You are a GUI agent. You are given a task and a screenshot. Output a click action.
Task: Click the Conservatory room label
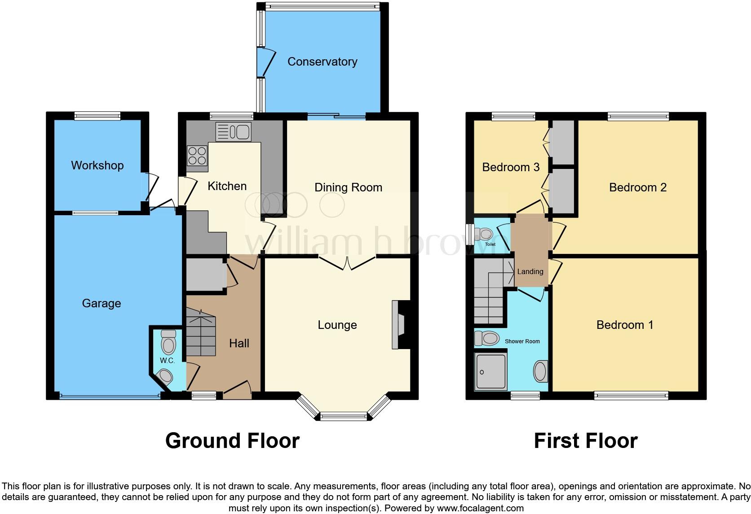tap(322, 62)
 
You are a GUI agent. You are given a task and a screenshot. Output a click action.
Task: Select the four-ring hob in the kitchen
tap(197, 156)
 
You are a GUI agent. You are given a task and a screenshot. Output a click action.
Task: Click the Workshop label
tap(97, 165)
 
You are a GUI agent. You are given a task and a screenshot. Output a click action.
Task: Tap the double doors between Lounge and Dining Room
tap(347, 263)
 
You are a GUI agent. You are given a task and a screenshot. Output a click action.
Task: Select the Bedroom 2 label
tap(637, 187)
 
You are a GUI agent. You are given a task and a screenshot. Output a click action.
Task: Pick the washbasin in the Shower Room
tap(540, 372)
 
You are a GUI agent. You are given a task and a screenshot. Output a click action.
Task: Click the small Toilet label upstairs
tap(490, 244)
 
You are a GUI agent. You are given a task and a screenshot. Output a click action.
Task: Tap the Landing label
tap(530, 271)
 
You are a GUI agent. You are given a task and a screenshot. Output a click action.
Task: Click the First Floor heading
tap(585, 441)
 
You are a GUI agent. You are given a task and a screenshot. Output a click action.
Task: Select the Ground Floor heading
tap(232, 441)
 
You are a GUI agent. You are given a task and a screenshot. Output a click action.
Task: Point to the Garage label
tap(102, 303)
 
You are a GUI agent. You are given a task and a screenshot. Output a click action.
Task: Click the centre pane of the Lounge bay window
tap(344, 417)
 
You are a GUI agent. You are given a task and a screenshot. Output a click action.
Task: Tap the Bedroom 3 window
tap(513, 117)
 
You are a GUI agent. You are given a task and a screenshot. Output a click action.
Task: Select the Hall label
tap(239, 343)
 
